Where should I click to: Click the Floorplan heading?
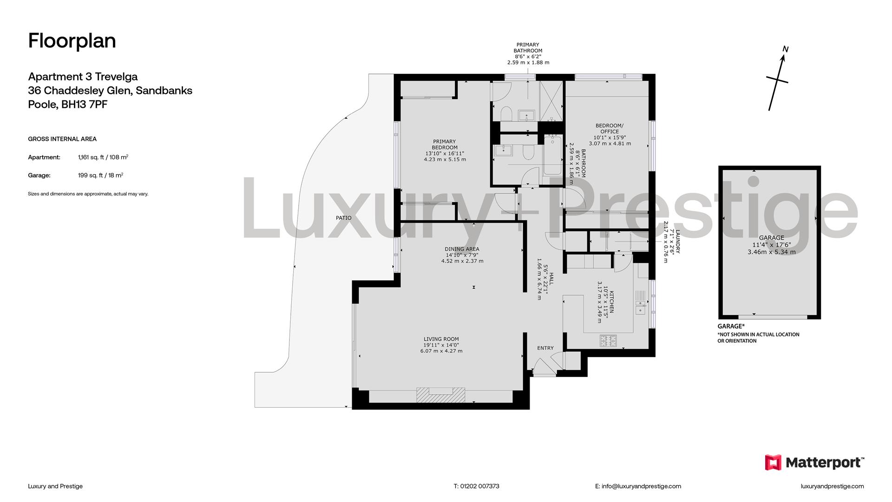tap(72, 41)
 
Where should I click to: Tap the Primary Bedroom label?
tap(445, 150)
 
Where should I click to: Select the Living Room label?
tap(441, 345)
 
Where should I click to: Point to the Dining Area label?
tap(462, 255)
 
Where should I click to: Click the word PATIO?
tap(344, 218)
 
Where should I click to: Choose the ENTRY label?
tap(545, 348)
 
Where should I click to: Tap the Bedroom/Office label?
tap(610, 134)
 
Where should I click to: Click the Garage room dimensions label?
tap(772, 245)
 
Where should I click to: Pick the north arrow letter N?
tap(786, 49)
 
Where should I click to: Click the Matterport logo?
tap(814, 462)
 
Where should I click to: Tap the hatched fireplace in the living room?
tap(440, 395)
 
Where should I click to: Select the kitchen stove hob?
tap(608, 341)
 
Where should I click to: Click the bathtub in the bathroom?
tap(552, 155)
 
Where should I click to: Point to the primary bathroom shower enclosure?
tap(551, 101)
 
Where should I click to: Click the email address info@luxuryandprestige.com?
tap(638, 486)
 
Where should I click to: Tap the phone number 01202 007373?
tap(477, 486)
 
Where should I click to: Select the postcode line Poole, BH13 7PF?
tap(68, 105)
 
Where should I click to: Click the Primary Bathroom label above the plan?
tap(528, 48)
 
